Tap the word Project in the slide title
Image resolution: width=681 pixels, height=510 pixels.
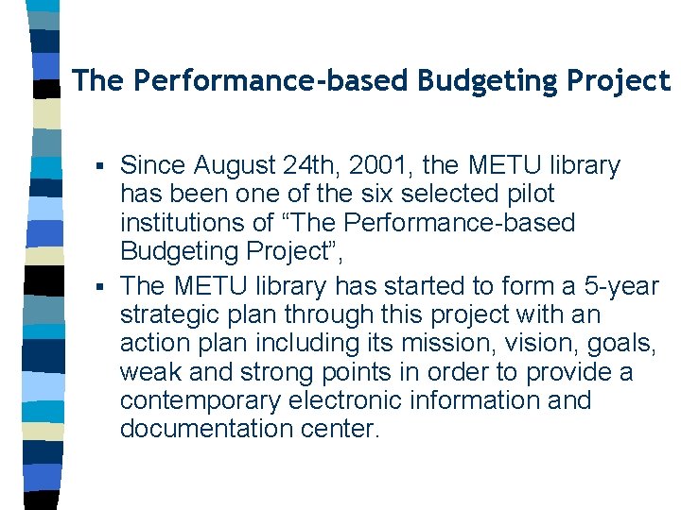(619, 81)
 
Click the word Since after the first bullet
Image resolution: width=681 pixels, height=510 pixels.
(153, 166)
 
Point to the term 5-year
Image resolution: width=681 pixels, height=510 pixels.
(618, 285)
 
